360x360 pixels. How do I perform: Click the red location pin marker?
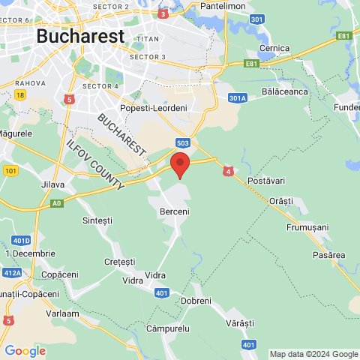click(x=179, y=164)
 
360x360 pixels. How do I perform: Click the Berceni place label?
click(x=175, y=212)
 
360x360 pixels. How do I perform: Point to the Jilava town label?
click(x=52, y=184)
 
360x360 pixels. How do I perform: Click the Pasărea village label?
click(x=328, y=255)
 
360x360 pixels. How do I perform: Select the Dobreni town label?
click(x=196, y=300)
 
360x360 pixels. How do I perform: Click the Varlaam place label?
click(x=62, y=313)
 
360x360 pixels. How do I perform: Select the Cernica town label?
click(x=274, y=48)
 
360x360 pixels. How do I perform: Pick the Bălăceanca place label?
click(x=286, y=91)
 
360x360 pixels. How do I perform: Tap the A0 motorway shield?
click(x=57, y=203)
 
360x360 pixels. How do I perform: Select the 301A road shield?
click(x=238, y=97)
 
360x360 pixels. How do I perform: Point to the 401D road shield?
click(x=21, y=241)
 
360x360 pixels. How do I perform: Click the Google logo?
click(x=25, y=350)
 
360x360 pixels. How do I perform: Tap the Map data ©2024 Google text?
click(x=313, y=354)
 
